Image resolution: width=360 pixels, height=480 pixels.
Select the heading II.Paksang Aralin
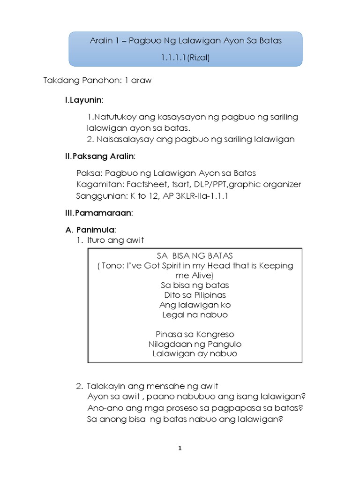tap(100, 157)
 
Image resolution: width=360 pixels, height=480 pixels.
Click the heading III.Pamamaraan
tap(99, 213)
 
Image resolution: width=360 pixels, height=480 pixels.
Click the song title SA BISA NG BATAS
tap(195, 255)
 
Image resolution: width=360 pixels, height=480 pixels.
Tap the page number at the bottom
tap(180, 448)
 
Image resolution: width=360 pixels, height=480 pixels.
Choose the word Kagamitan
tap(97, 184)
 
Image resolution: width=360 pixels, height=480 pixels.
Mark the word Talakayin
tap(105, 386)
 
